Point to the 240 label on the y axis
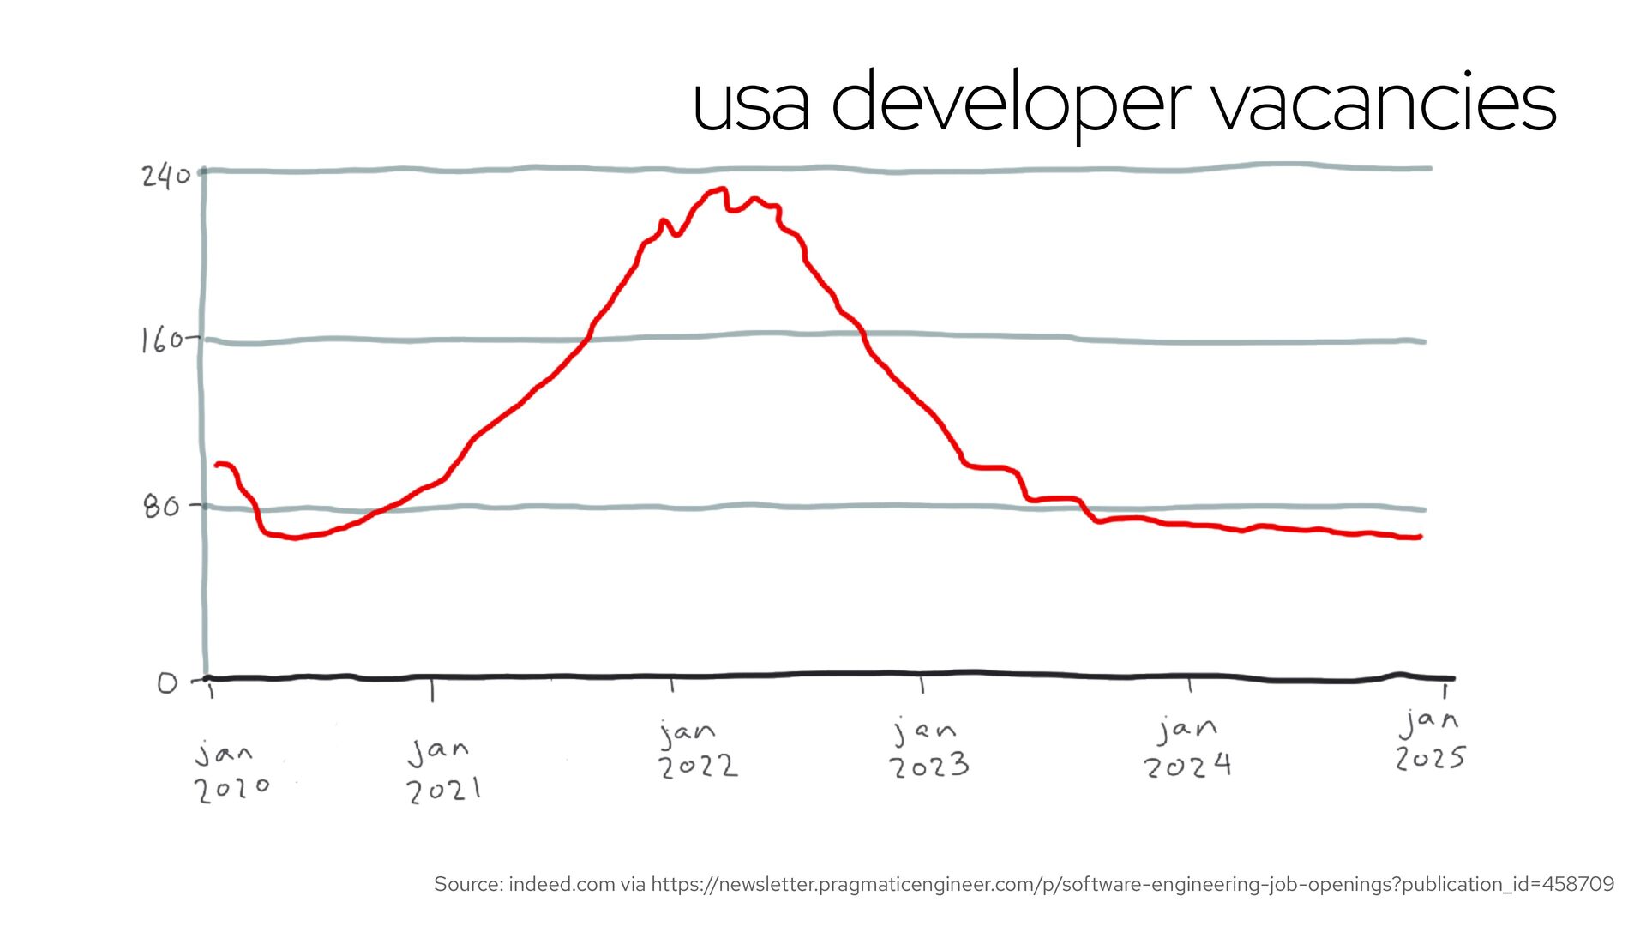pos(165,176)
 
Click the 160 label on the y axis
pos(162,340)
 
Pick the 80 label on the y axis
pos(161,507)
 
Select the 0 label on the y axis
pos(167,683)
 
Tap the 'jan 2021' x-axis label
pos(442,771)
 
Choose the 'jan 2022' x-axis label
pos(697,750)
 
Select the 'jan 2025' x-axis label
pos(1430,740)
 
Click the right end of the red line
pos(1420,538)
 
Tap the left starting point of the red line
pos(217,465)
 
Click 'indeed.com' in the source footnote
pos(562,884)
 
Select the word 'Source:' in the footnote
pos(468,884)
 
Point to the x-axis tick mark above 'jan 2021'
pos(432,690)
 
